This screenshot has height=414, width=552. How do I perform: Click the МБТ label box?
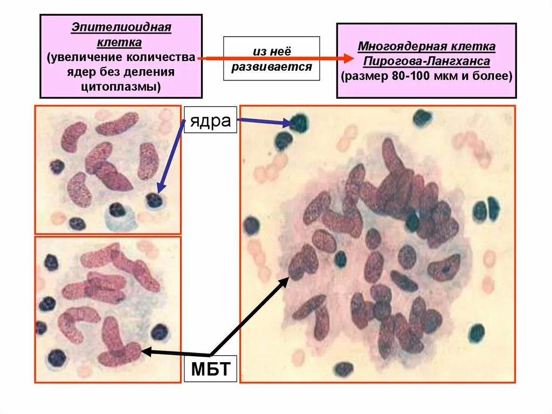coord(210,370)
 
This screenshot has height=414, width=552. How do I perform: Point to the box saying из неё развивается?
coord(271,59)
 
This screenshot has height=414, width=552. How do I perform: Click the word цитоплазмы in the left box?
coord(121,86)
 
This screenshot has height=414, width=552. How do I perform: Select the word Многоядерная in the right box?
coord(396,46)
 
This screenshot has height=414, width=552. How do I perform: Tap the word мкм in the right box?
coord(446,76)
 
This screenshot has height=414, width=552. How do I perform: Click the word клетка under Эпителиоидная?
coord(121,42)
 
